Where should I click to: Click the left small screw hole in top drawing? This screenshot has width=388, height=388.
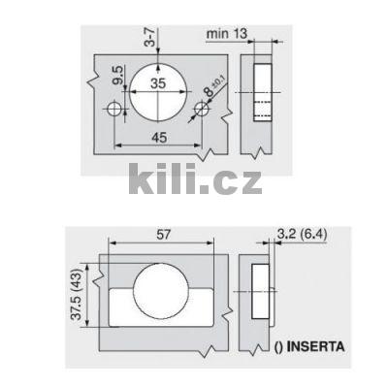click(117, 113)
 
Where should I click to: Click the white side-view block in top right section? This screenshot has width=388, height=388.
click(262, 92)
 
